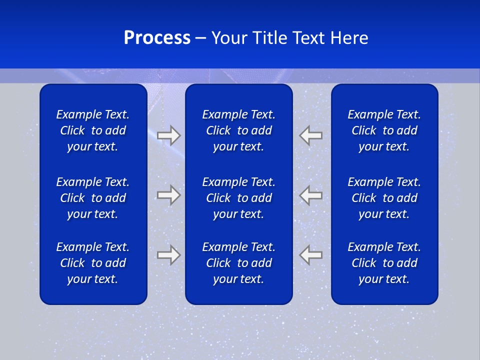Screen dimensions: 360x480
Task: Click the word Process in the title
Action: point(157,38)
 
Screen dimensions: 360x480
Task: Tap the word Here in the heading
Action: point(348,38)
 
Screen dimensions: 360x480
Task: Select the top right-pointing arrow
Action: point(168,135)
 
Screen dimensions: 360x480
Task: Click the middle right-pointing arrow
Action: point(168,195)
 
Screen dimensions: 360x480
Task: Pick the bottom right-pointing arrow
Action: point(168,255)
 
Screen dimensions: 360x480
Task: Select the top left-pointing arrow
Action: point(311,135)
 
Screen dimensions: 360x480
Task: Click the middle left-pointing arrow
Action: point(311,195)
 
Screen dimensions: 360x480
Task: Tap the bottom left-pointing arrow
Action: point(311,255)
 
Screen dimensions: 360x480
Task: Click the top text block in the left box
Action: point(93,130)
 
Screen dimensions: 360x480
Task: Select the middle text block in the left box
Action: point(93,198)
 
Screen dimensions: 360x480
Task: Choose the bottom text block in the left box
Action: point(93,263)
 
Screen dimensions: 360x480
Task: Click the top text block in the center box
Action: point(239,130)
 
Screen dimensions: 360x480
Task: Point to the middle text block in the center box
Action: point(239,198)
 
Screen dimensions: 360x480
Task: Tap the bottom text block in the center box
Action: point(239,263)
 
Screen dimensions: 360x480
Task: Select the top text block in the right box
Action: point(384,130)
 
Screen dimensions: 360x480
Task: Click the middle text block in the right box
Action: point(384,198)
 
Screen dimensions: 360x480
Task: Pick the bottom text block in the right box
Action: point(384,263)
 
